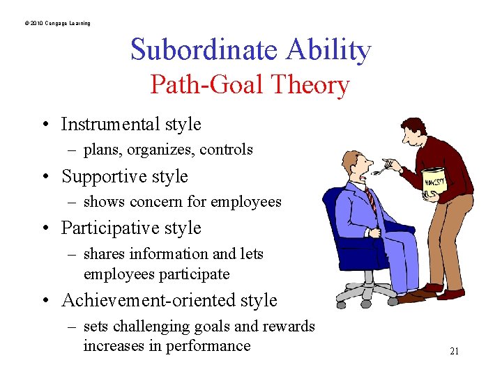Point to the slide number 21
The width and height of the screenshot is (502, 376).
point(454,352)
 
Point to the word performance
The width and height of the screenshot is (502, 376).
point(210,345)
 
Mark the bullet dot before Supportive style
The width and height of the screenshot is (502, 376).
point(45,177)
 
